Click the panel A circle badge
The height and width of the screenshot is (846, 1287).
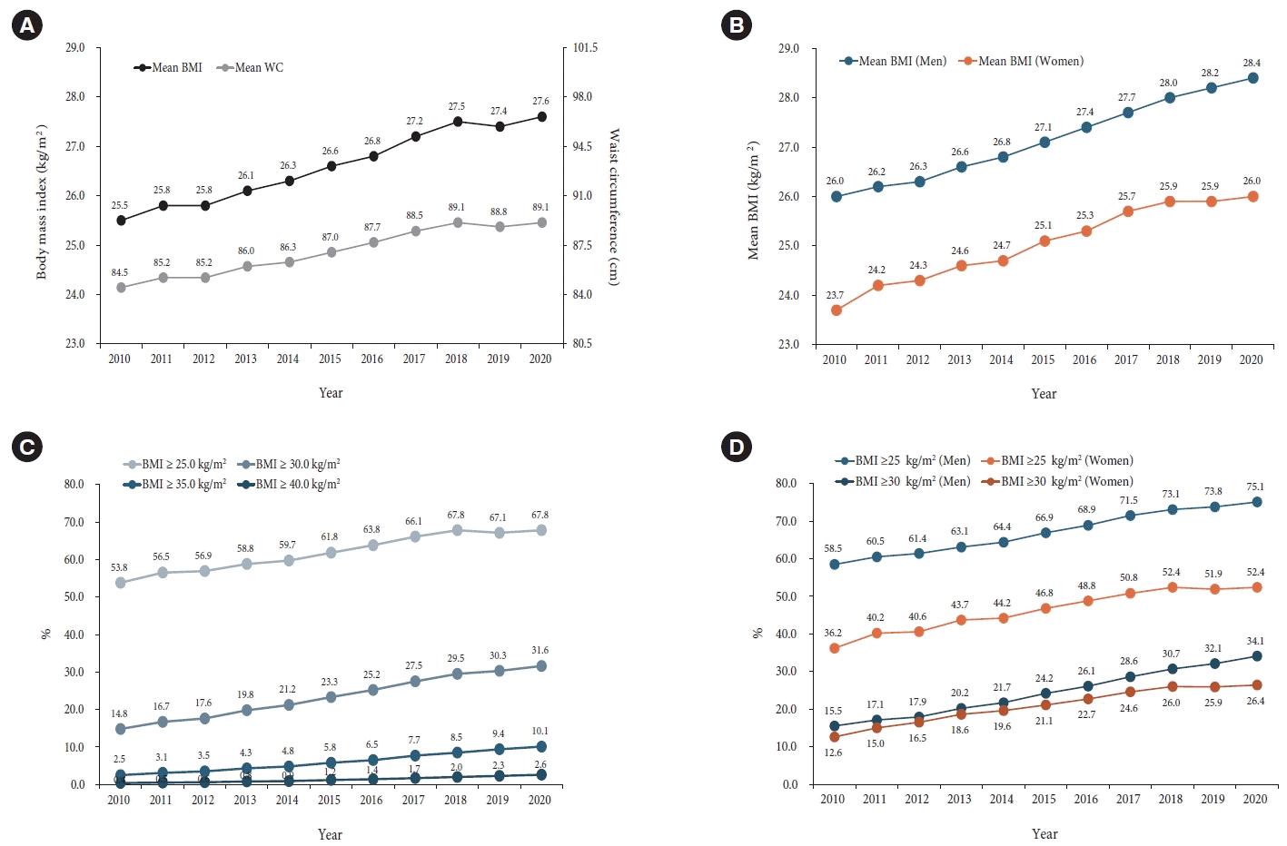(x=27, y=25)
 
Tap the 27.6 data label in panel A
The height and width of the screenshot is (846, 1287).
(x=540, y=102)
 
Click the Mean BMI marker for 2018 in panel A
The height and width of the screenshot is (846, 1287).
(x=457, y=121)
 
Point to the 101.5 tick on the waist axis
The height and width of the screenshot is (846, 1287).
(x=585, y=48)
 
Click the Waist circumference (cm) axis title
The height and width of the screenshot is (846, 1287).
(x=614, y=207)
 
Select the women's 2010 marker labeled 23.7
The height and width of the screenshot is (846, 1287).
(x=836, y=310)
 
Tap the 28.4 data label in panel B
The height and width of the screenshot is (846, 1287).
(x=1252, y=64)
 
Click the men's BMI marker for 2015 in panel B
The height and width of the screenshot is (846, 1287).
(x=1044, y=143)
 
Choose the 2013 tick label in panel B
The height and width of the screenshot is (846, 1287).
(x=959, y=359)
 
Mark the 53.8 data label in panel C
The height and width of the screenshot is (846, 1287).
(x=119, y=567)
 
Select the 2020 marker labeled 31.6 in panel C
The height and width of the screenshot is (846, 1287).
(x=540, y=666)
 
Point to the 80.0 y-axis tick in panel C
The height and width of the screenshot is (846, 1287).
(x=74, y=484)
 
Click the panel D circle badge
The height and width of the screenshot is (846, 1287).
(x=736, y=447)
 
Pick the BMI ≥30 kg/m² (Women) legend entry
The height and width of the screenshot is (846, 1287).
(x=1058, y=482)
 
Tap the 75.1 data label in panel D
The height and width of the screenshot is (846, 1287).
(x=1255, y=487)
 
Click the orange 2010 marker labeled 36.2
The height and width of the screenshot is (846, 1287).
(x=834, y=649)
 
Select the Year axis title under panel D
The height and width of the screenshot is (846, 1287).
(x=1044, y=834)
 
